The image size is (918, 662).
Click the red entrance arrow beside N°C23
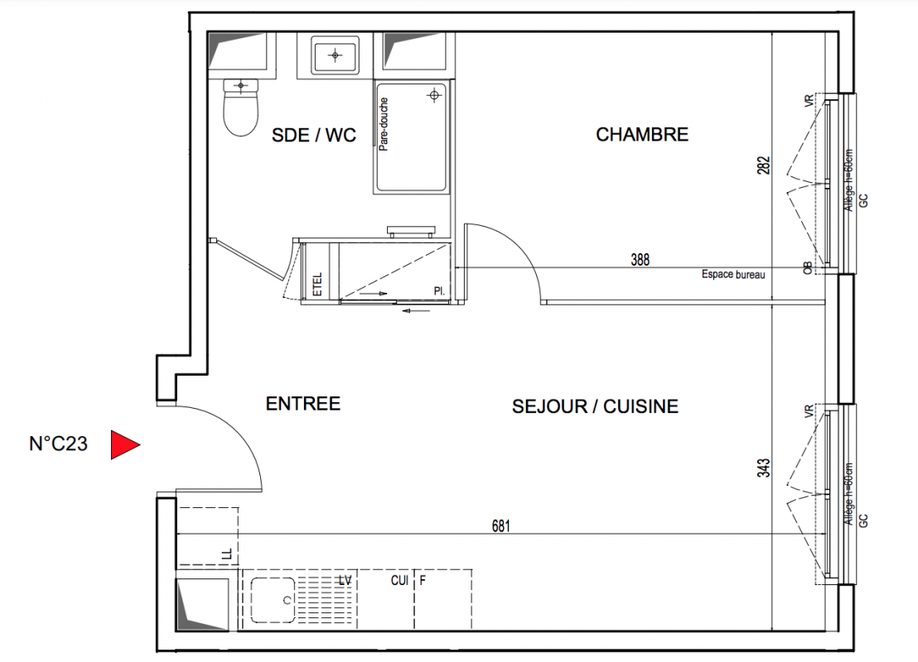(124, 444)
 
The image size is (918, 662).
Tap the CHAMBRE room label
(641, 135)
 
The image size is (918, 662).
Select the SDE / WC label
(314, 135)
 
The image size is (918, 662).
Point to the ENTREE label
(302, 404)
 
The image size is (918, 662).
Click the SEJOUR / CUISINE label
(595, 406)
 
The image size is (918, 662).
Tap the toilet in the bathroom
(240, 107)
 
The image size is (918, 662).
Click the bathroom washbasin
(335, 55)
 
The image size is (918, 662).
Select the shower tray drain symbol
(434, 94)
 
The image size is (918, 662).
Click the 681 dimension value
(500, 526)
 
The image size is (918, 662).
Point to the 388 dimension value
(640, 260)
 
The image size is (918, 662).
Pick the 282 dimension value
(763, 165)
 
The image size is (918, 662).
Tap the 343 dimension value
(763, 468)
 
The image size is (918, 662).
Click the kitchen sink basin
(273, 600)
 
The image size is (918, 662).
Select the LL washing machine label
(228, 554)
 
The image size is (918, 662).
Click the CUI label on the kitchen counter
(399, 580)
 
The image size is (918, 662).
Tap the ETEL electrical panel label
(317, 284)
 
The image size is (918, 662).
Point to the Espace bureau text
(733, 274)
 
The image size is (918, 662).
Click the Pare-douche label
(384, 124)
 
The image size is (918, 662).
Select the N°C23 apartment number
(58, 444)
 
